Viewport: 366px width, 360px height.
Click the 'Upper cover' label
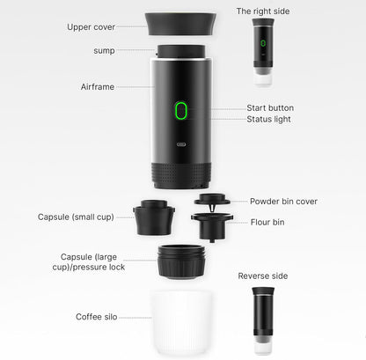click(x=91, y=26)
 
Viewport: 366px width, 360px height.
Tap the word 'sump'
click(x=104, y=50)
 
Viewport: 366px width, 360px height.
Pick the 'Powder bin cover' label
click(x=284, y=201)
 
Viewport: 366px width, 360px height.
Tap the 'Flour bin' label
click(x=267, y=222)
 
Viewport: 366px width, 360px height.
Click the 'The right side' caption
click(x=263, y=11)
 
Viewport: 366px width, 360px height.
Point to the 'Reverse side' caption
click(x=263, y=276)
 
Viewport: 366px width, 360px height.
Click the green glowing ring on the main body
click(x=182, y=111)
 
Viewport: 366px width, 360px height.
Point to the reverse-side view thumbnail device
click(x=262, y=317)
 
